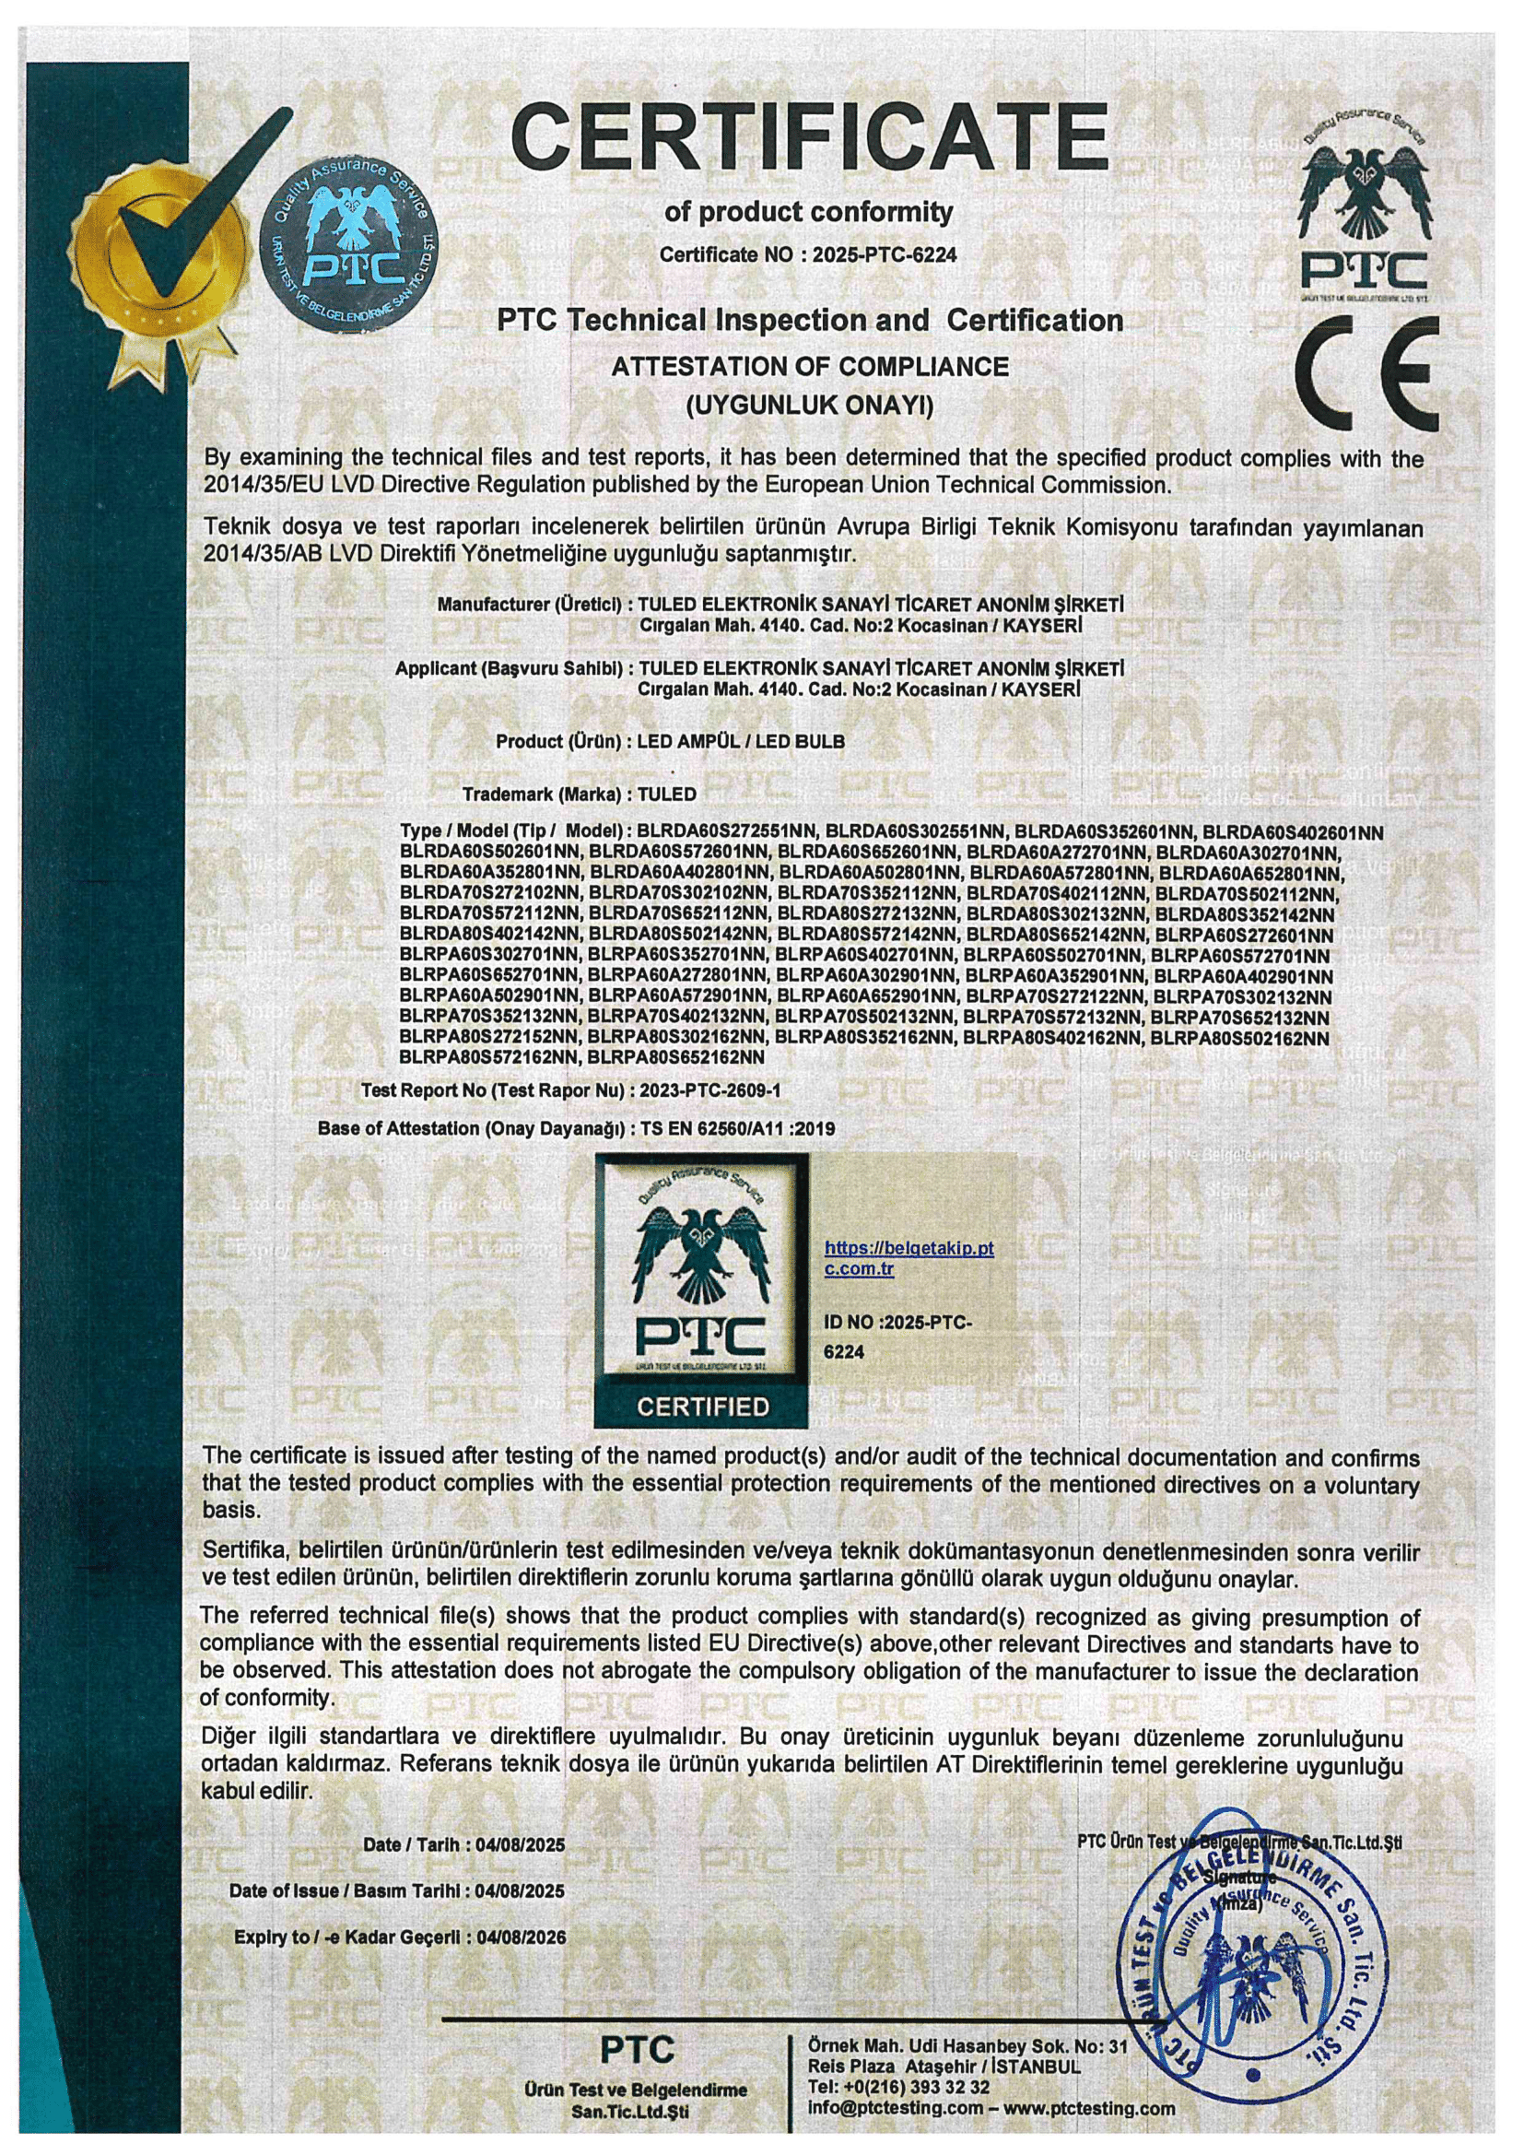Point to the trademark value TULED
click(666, 794)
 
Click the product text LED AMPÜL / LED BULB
click(741, 741)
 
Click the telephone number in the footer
click(898, 2088)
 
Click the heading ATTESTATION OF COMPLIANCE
click(810, 366)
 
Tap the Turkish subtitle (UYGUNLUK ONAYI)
click(810, 406)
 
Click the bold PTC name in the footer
click(638, 2050)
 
